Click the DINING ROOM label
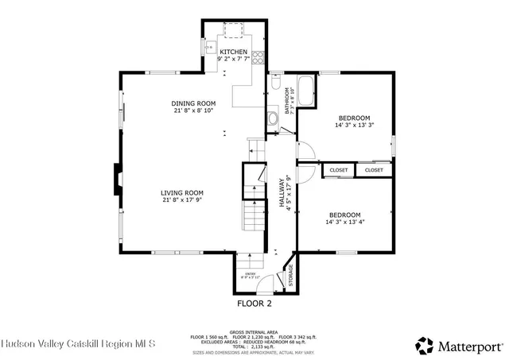(x=193, y=103)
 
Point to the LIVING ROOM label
(x=182, y=192)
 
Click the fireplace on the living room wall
(x=117, y=180)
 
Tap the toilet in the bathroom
(x=275, y=83)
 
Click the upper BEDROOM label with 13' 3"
(x=354, y=117)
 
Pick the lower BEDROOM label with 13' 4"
(x=344, y=215)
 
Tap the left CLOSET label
(x=339, y=170)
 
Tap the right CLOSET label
(x=374, y=170)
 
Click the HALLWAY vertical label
(x=282, y=192)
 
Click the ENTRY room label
(x=251, y=274)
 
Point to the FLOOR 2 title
(x=254, y=303)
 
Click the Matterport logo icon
(x=425, y=345)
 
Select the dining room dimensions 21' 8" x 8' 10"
(x=193, y=111)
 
